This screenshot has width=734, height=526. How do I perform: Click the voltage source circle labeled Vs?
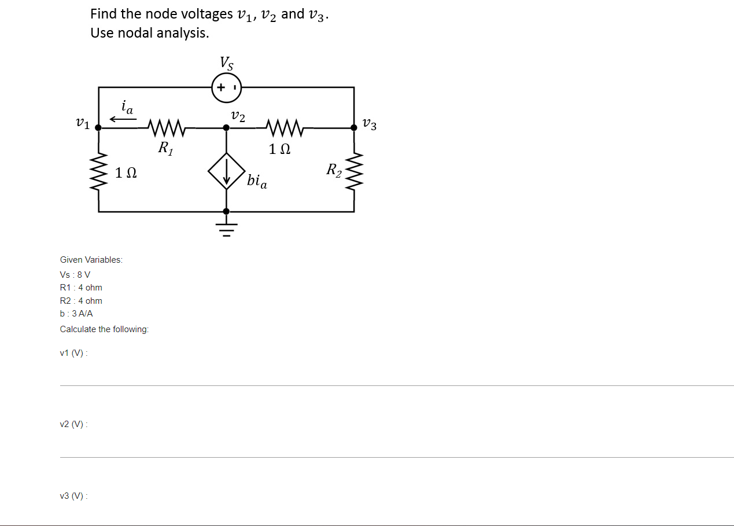226,87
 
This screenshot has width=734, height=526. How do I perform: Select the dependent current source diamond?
226,171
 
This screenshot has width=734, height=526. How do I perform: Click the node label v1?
83,123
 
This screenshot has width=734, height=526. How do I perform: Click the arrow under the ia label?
123,119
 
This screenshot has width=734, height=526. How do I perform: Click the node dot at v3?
354,127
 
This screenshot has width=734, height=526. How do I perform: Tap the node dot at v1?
99,127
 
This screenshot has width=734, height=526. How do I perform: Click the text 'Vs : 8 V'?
75,274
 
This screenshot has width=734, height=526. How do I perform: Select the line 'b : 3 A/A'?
76,314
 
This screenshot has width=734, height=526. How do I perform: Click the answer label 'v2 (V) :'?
73,425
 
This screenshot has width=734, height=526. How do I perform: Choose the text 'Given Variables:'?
91,260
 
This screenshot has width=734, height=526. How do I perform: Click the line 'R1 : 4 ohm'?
81,288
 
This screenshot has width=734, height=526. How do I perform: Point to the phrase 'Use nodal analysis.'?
149,33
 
